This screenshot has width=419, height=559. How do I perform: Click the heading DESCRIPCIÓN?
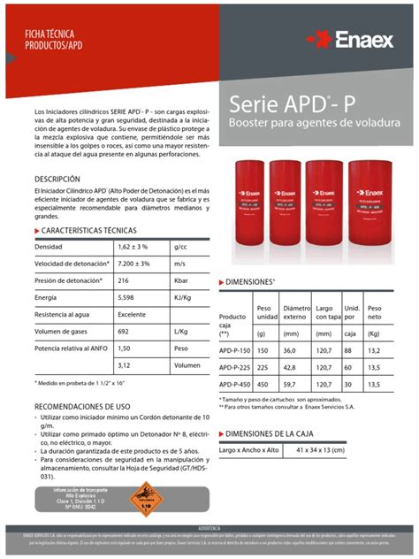(x=57, y=180)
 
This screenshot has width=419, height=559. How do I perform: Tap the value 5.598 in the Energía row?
(x=130, y=297)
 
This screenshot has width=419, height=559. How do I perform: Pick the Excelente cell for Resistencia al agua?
(x=133, y=314)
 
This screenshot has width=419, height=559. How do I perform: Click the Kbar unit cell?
(x=183, y=280)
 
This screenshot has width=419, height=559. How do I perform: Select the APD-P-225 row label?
(x=235, y=367)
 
